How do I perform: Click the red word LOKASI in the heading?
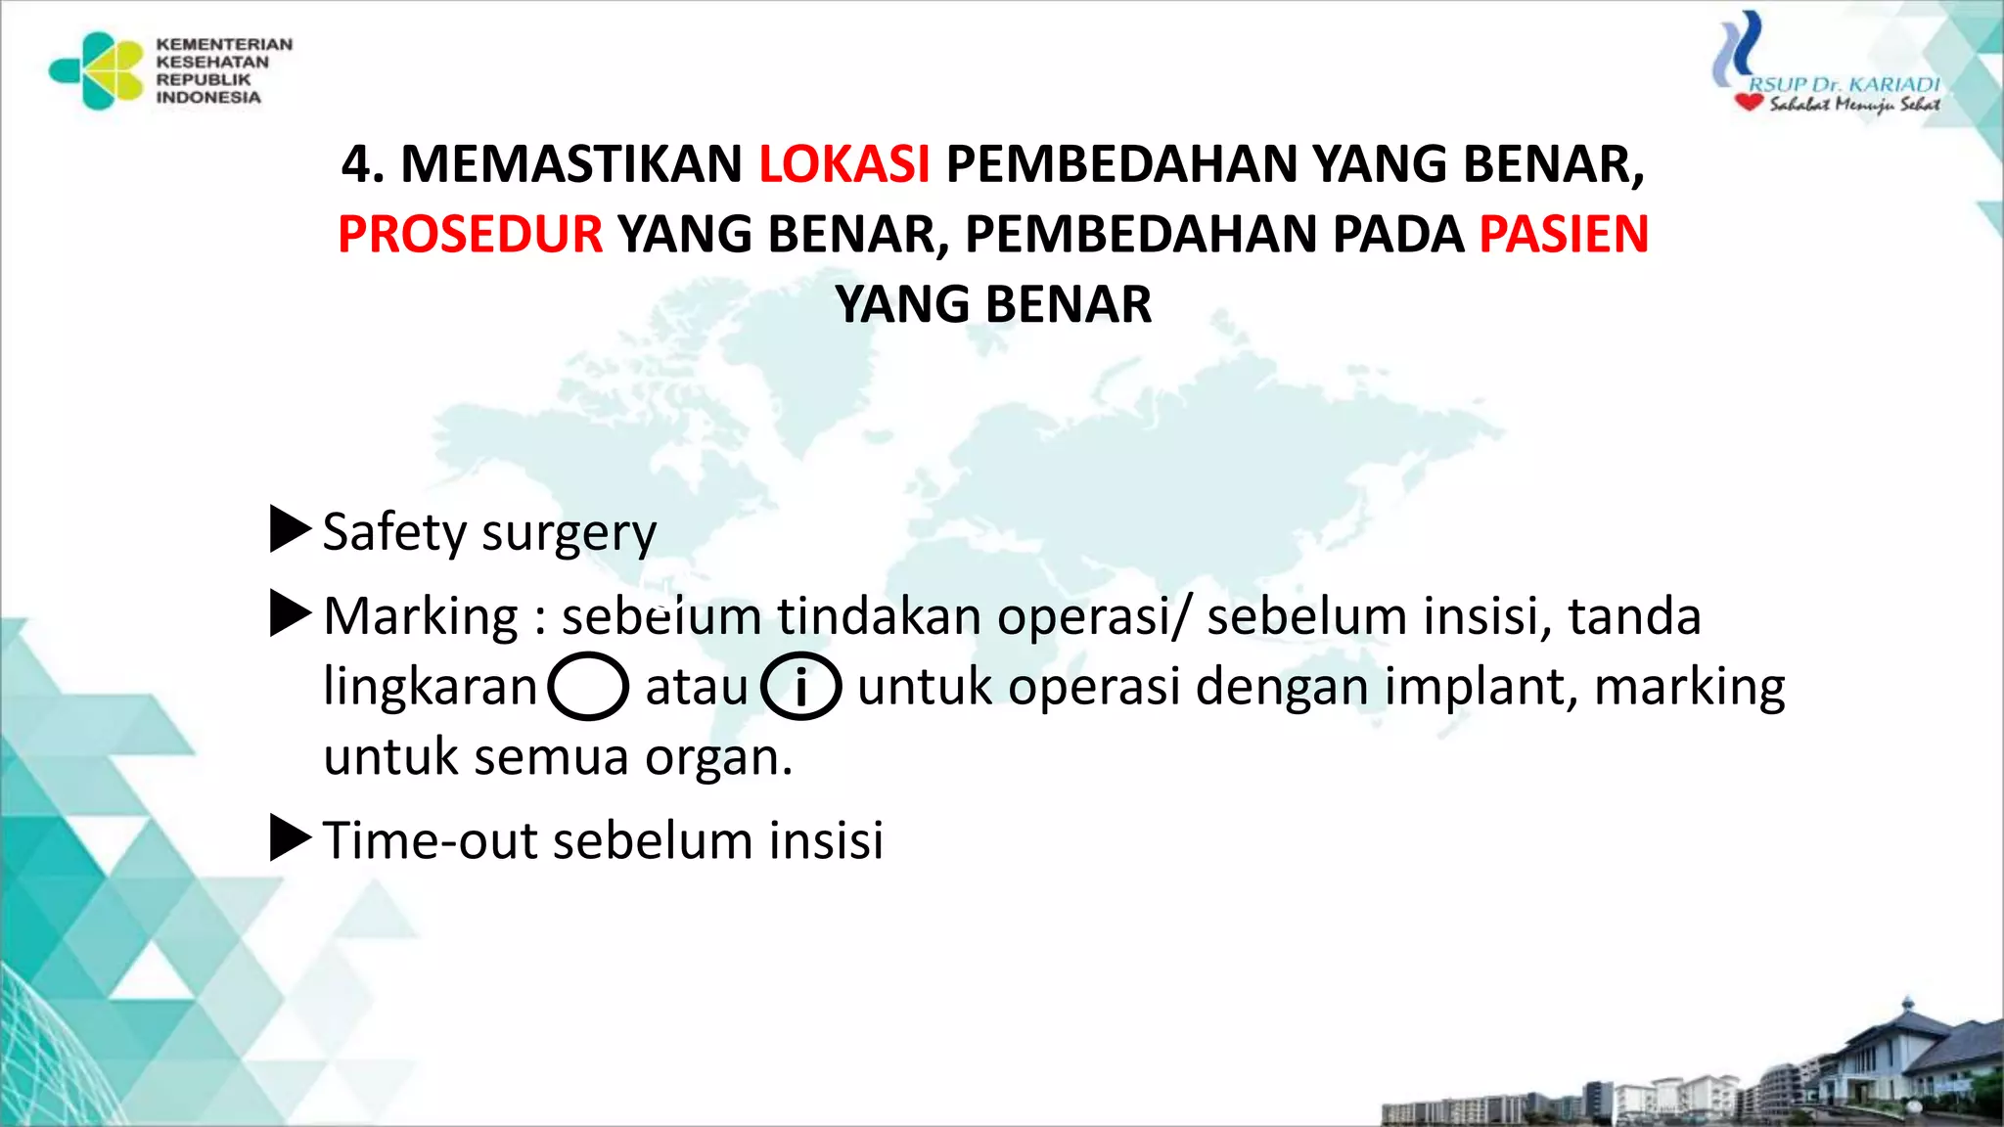[x=843, y=164]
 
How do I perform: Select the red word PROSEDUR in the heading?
[x=470, y=235]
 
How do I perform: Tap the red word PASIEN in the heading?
[x=1563, y=235]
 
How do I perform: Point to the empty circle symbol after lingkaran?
[x=587, y=687]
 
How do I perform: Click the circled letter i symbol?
[x=800, y=687]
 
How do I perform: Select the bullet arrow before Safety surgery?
[x=289, y=529]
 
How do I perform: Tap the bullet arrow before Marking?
[x=289, y=613]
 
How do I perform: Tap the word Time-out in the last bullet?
[x=430, y=840]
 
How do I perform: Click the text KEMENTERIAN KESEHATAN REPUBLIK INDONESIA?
[x=223, y=70]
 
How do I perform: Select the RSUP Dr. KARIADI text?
[x=1844, y=84]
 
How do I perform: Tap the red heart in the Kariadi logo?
[x=1749, y=102]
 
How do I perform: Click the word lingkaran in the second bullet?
[x=431, y=687]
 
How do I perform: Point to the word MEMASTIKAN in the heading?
[x=571, y=164]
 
